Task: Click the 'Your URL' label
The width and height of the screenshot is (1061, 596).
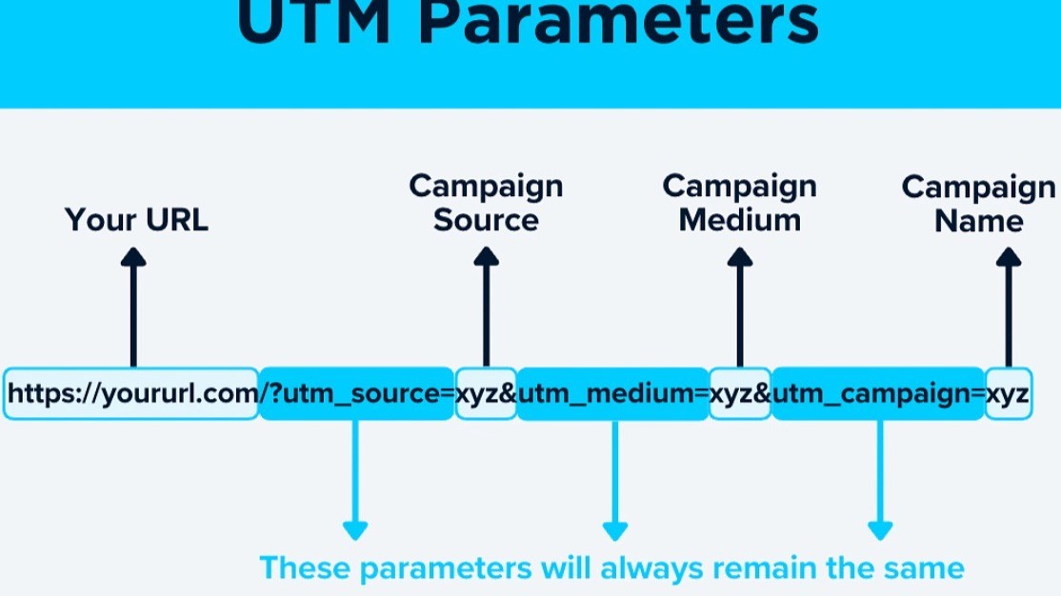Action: pyautogui.click(x=136, y=220)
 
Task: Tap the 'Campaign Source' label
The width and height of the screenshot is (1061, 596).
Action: pyautogui.click(x=486, y=203)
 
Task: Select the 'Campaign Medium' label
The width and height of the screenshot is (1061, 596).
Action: pyautogui.click(x=739, y=203)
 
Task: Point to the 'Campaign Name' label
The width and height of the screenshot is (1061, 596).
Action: pyautogui.click(x=978, y=204)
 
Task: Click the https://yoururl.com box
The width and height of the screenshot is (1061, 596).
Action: pyautogui.click(x=131, y=393)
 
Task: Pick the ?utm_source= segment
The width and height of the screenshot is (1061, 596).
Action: pyautogui.click(x=357, y=393)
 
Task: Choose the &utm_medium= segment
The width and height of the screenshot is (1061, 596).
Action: pyautogui.click(x=614, y=393)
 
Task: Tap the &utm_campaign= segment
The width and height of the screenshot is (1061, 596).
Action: pyautogui.click(x=879, y=393)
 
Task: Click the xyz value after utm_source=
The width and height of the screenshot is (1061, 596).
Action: pyautogui.click(x=486, y=393)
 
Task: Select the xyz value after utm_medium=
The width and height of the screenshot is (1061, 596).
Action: pyautogui.click(x=740, y=393)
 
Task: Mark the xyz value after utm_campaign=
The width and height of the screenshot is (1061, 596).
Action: pyautogui.click(x=1008, y=393)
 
